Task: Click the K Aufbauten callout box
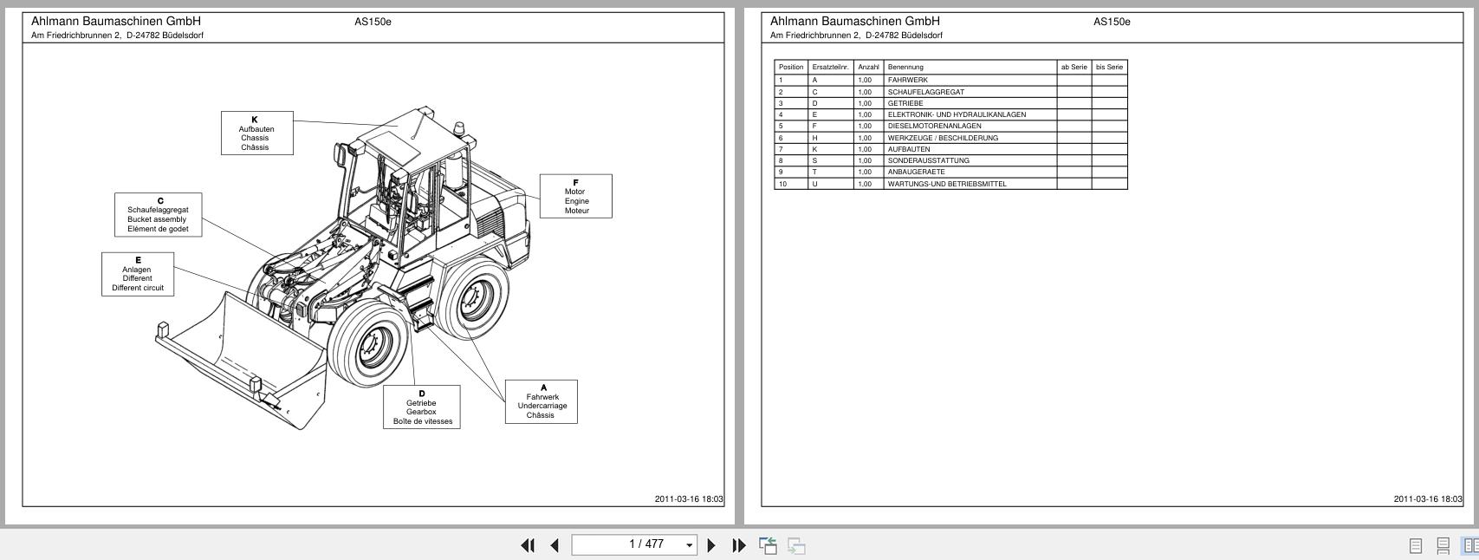click(256, 133)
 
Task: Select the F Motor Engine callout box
click(575, 197)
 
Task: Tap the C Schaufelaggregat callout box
click(158, 215)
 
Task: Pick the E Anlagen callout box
click(137, 274)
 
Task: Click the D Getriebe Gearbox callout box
click(421, 407)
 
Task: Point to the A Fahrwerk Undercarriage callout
click(541, 402)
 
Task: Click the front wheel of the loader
click(370, 344)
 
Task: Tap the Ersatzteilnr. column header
click(830, 67)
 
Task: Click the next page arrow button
click(711, 545)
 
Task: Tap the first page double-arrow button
click(527, 545)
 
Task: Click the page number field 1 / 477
click(634, 544)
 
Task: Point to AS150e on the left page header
click(373, 22)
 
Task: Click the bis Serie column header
click(1109, 67)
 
